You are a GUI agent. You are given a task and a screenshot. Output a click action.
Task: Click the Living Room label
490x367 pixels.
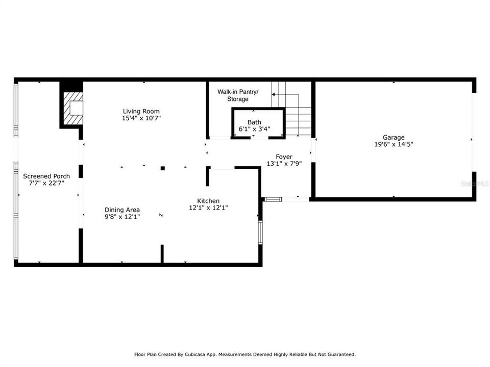click(x=141, y=111)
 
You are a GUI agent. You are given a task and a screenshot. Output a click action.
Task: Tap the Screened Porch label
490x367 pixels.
click(x=46, y=176)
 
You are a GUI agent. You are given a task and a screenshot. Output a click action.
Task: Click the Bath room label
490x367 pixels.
click(x=254, y=122)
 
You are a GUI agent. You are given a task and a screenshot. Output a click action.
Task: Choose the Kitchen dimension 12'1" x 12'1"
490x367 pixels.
click(x=208, y=208)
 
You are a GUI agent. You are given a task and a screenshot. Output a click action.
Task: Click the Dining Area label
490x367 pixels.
click(x=122, y=209)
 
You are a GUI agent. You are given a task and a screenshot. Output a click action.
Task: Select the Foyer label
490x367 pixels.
click(x=284, y=156)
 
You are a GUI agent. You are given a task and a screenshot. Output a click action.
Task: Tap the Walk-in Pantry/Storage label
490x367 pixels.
click(x=238, y=95)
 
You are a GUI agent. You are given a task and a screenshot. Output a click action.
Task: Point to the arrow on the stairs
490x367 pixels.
click(x=278, y=95)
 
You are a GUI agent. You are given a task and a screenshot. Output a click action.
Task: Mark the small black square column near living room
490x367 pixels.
click(x=162, y=168)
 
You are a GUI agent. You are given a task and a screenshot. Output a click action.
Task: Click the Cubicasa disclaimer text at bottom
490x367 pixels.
click(x=244, y=354)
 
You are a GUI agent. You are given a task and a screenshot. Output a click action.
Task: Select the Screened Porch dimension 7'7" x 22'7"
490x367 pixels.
click(x=46, y=183)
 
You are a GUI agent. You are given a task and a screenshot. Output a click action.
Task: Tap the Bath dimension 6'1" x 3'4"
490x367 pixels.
click(x=254, y=129)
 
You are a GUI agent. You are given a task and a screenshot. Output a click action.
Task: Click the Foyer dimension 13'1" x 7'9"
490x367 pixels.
click(x=284, y=164)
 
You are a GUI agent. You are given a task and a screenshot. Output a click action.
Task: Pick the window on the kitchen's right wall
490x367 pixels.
click(x=260, y=232)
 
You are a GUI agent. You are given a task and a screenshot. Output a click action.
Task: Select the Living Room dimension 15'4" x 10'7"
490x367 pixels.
click(x=141, y=118)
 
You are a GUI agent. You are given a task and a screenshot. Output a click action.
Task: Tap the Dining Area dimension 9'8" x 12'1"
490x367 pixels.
click(x=122, y=217)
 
